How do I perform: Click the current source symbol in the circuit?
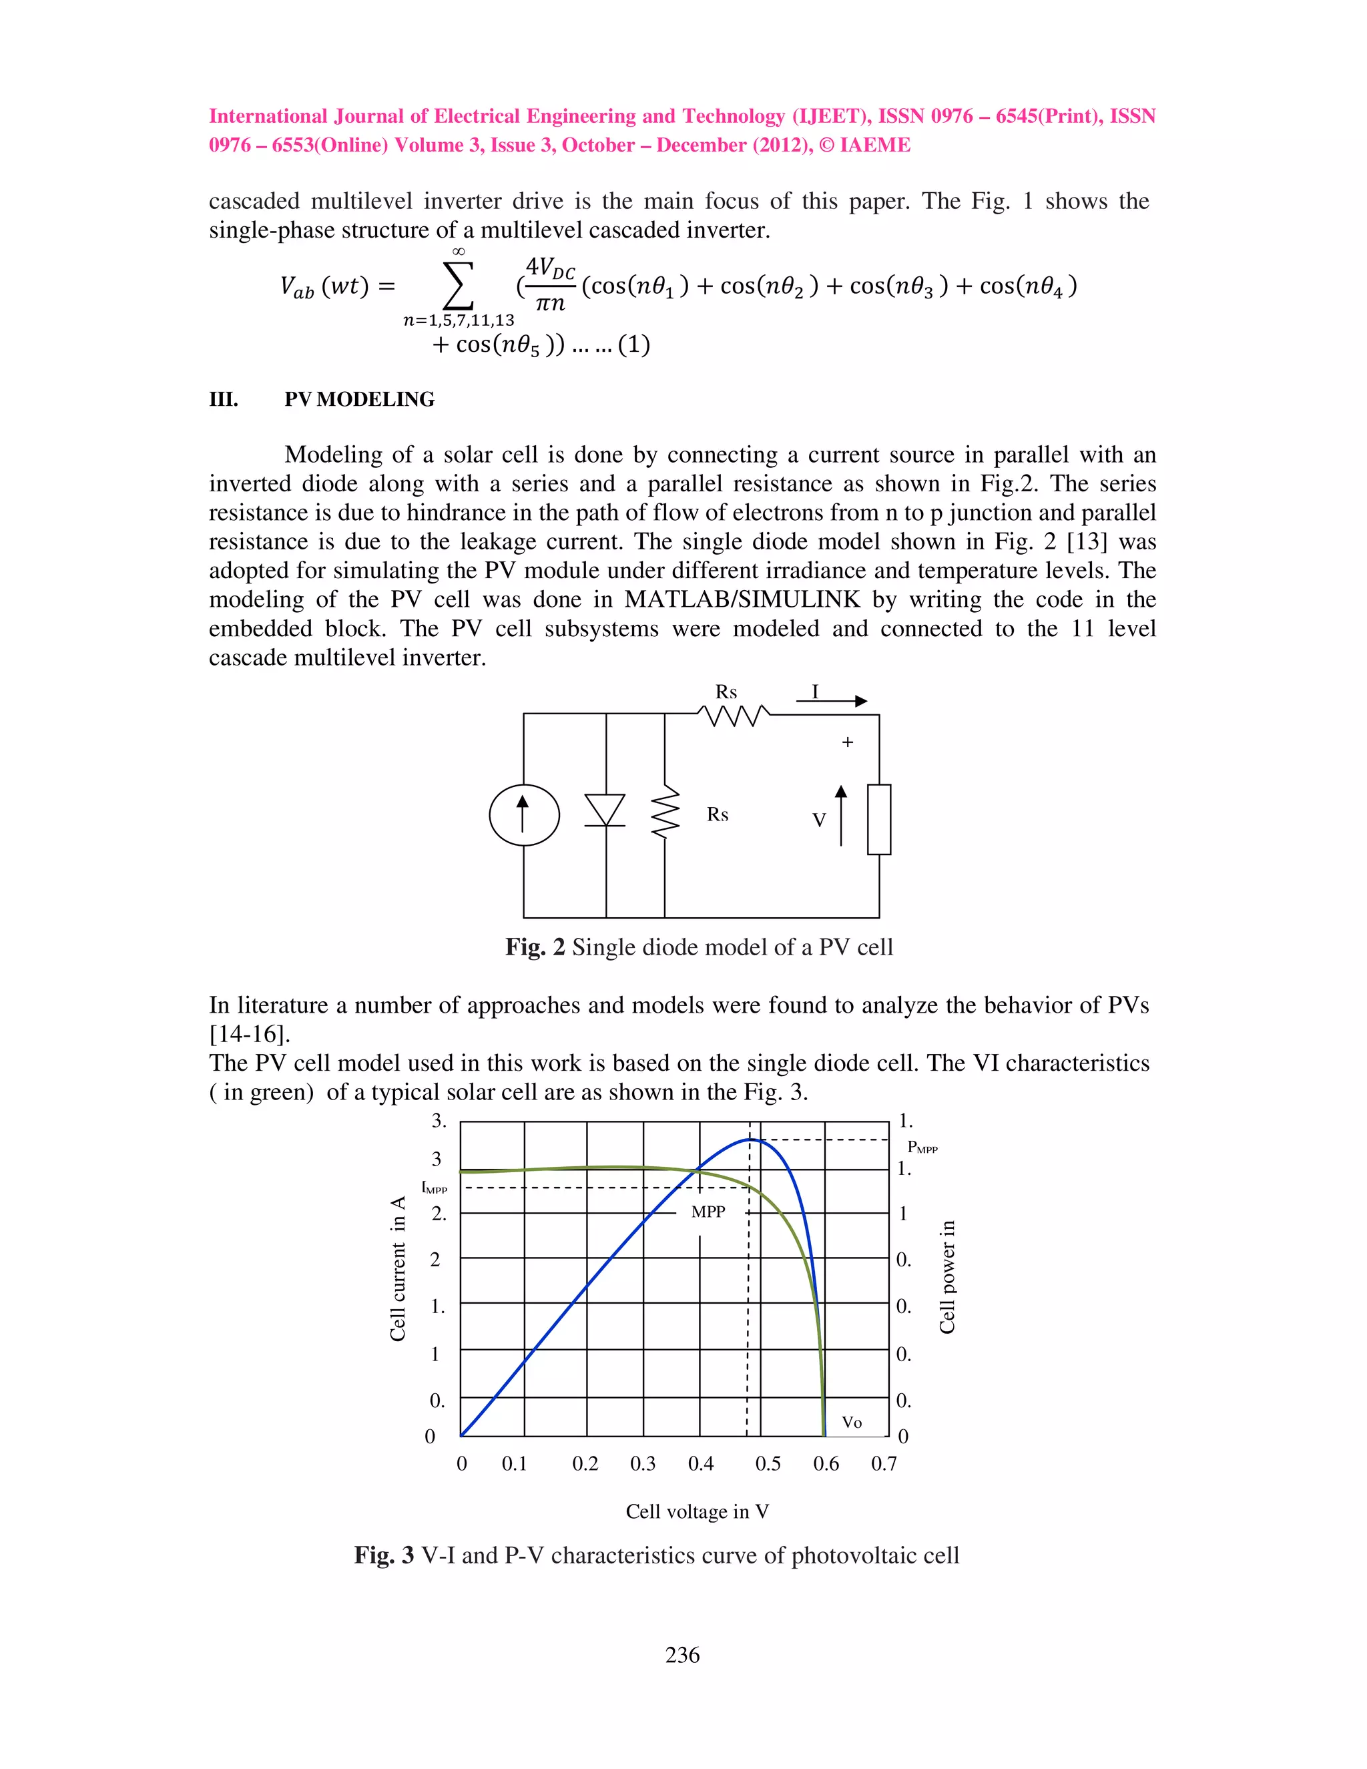pyautogui.click(x=524, y=815)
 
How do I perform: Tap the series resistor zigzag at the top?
pyautogui.click(x=734, y=715)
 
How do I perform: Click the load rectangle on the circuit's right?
pyautogui.click(x=878, y=819)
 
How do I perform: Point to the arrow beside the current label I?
pyautogui.click(x=832, y=701)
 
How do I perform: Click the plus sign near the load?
pyautogui.click(x=847, y=742)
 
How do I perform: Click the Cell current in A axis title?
pyautogui.click(x=398, y=1268)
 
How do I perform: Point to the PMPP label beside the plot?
pyautogui.click(x=922, y=1147)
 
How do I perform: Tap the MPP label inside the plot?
pyautogui.click(x=708, y=1212)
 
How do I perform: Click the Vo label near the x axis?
pyautogui.click(x=851, y=1423)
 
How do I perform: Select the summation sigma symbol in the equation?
pyautogui.click(x=457, y=284)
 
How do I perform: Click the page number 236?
pyautogui.click(x=682, y=1655)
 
